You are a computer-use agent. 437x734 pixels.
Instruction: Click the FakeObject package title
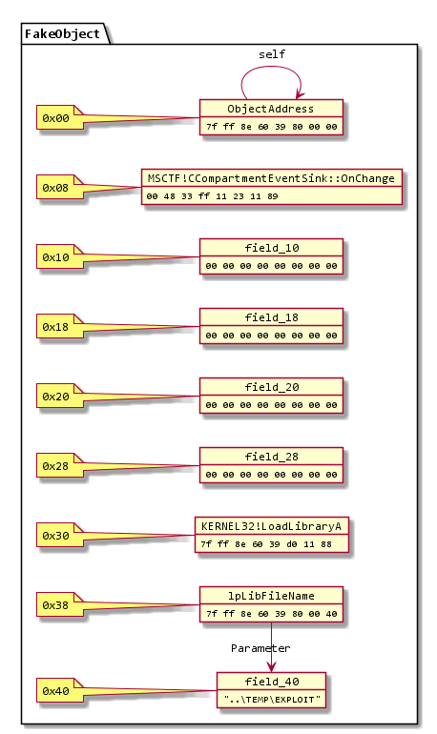point(62,34)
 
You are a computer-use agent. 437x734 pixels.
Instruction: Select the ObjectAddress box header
point(271,108)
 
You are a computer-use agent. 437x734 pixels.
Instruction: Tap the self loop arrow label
point(271,54)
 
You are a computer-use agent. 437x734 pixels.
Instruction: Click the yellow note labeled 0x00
point(55,118)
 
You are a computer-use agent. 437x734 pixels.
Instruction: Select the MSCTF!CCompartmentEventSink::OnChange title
point(271,178)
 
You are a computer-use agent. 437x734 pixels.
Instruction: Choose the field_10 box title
point(271,248)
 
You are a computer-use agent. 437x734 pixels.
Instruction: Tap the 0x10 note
point(55,258)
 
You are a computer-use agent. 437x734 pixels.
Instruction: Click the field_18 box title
point(271,317)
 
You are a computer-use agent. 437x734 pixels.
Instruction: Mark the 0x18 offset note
point(55,328)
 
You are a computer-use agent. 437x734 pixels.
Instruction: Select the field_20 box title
point(271,387)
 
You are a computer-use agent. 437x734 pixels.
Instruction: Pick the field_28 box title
point(271,457)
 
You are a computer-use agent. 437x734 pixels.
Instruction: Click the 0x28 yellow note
point(55,467)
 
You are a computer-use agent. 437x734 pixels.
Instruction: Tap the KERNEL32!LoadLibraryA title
point(271,526)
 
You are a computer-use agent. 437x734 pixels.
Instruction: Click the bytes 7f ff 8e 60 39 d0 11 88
point(271,544)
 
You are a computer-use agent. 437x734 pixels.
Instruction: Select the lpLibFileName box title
point(271,596)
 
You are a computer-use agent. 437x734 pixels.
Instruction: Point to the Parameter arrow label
point(260,648)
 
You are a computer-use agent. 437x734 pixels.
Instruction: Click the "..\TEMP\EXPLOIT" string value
point(271,700)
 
